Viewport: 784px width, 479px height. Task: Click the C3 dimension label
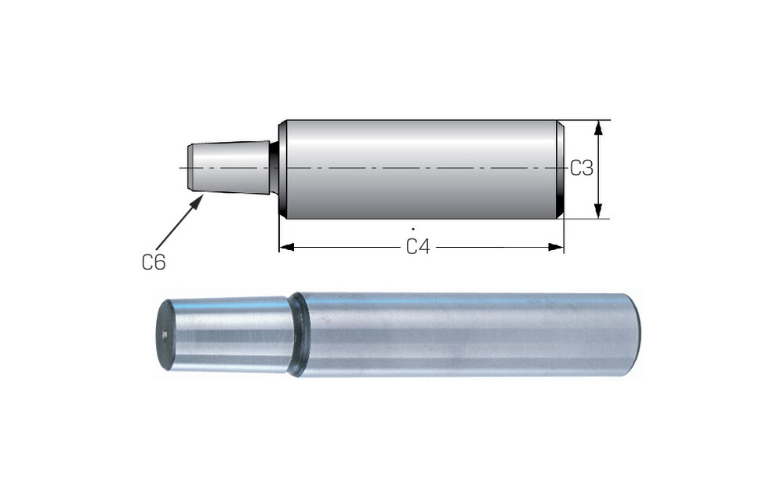point(582,169)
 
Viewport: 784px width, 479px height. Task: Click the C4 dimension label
point(418,247)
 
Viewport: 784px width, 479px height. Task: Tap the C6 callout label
point(154,262)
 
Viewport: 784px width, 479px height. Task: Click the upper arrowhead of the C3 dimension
point(598,128)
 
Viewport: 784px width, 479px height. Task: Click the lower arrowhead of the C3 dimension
point(598,211)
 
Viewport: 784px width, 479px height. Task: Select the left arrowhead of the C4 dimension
point(286,247)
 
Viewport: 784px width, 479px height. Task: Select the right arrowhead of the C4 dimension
point(556,247)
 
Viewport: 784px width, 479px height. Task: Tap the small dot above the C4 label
point(413,229)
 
